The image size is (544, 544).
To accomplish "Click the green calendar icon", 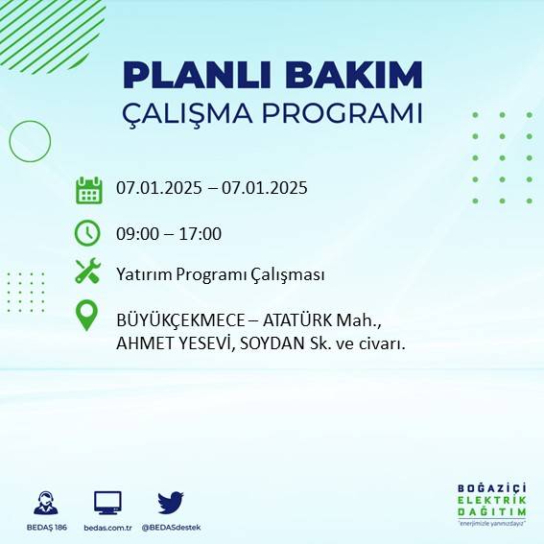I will [x=88, y=190].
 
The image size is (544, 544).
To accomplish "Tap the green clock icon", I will [x=88, y=233].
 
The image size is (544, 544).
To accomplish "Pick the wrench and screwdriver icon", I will [x=88, y=272].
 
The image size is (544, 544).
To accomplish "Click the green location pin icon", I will [x=88, y=316].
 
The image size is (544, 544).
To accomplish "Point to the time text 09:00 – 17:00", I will [x=169, y=233].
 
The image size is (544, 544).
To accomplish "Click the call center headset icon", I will [x=43, y=503].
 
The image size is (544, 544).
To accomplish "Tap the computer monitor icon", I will [x=107, y=503].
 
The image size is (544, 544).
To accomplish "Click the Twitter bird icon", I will [x=171, y=502].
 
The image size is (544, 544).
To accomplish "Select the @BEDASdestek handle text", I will [x=171, y=528].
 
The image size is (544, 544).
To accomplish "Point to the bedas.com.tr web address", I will [x=107, y=528].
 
